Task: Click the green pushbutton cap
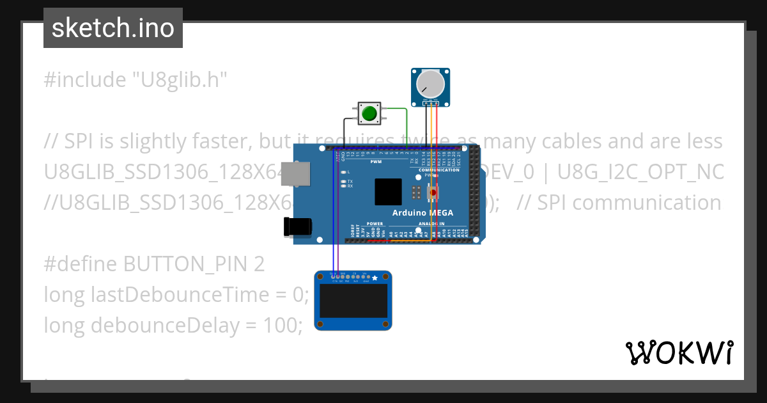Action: click(369, 114)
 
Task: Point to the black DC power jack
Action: click(298, 226)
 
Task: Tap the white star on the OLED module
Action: click(375, 278)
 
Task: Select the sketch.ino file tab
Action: click(113, 28)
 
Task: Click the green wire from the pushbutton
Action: click(407, 128)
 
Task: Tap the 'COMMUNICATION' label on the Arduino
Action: click(439, 170)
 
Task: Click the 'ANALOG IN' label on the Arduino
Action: click(432, 224)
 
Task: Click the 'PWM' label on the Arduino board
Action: click(376, 162)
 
